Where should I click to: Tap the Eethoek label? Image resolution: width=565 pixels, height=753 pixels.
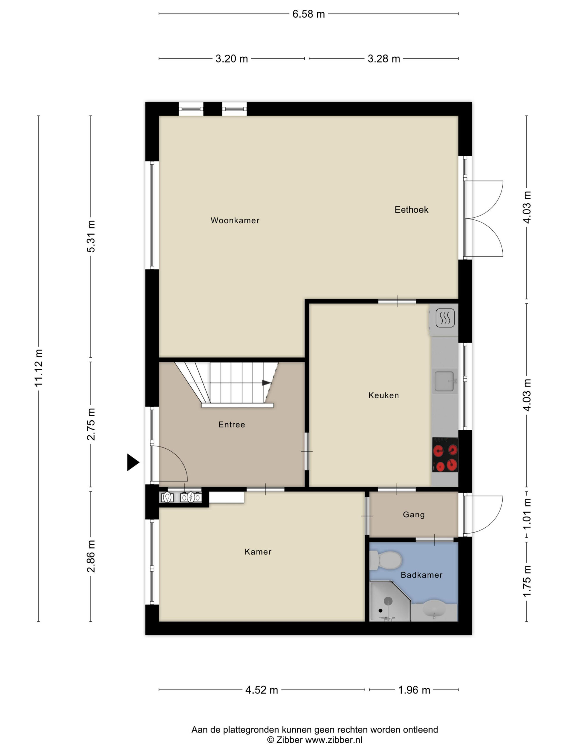click(411, 210)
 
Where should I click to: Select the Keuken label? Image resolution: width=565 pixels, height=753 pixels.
click(383, 395)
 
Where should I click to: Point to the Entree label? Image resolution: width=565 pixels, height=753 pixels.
click(232, 424)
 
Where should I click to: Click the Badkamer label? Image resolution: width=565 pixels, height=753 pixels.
click(422, 575)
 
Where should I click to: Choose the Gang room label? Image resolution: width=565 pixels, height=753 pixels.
click(414, 515)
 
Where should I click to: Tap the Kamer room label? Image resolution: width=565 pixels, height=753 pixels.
click(258, 552)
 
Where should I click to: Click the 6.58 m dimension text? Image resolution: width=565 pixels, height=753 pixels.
click(309, 14)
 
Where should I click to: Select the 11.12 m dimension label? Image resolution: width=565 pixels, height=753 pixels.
click(39, 368)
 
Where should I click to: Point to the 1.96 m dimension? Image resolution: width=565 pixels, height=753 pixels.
click(414, 690)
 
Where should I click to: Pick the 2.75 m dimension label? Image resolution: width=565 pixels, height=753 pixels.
click(91, 424)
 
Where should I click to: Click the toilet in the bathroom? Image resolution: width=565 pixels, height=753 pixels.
click(385, 560)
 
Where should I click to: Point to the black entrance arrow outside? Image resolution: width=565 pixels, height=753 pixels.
click(133, 462)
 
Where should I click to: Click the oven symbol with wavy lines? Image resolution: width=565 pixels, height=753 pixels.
click(445, 318)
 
